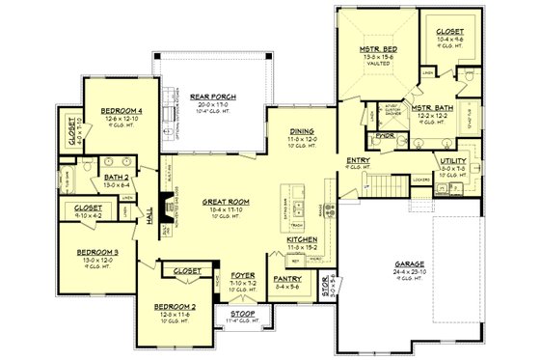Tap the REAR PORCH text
coord(212,97)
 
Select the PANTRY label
coord(287,279)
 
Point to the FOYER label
coord(242,276)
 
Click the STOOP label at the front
coord(243,313)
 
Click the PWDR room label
coord(386,136)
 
